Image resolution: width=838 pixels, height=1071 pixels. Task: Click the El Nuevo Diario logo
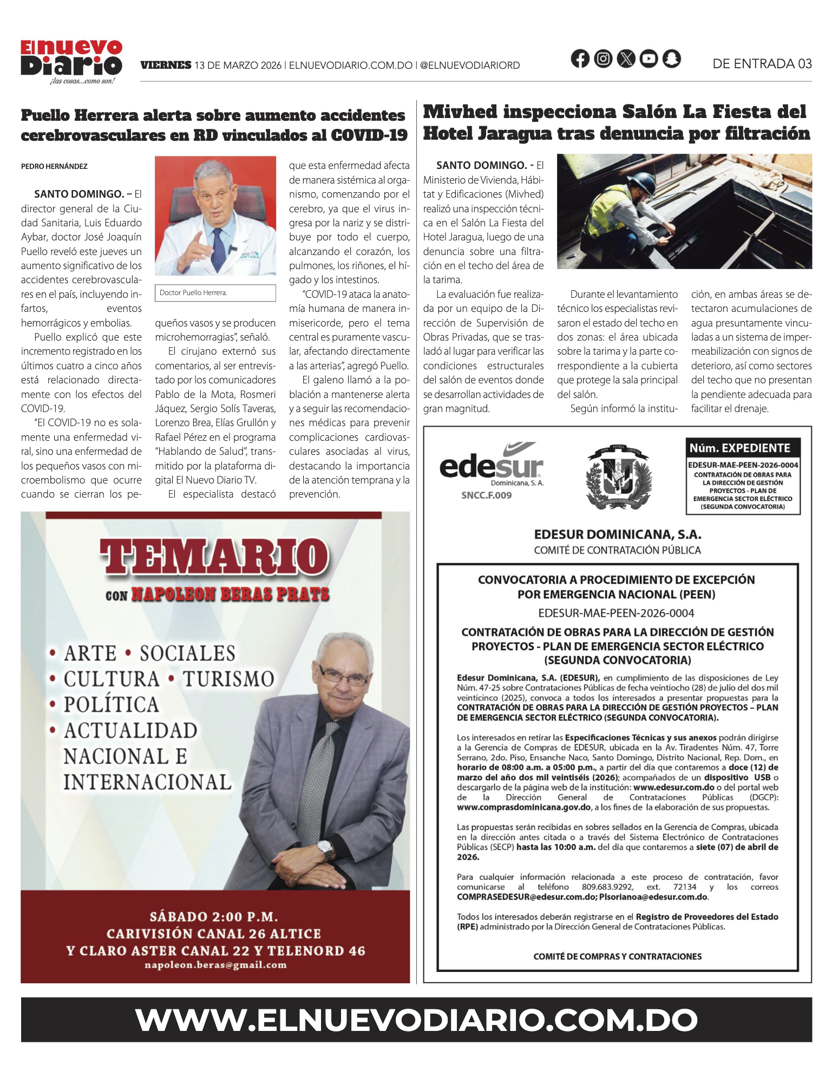pos(71,61)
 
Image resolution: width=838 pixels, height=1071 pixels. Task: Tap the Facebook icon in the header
pos(580,58)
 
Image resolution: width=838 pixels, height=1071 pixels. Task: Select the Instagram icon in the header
pos(603,58)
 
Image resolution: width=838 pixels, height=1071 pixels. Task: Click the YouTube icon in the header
pos(649,58)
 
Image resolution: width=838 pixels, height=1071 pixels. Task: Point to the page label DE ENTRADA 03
pos(762,64)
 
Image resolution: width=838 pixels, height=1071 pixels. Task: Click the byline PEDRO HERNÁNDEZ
pos(54,166)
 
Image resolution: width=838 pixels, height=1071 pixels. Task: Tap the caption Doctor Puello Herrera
pos(193,293)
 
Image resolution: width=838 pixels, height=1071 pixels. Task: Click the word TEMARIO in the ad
pos(214,556)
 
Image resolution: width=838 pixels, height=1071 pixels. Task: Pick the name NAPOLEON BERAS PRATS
pos(231,595)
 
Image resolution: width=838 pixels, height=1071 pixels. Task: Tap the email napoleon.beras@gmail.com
pos(215,965)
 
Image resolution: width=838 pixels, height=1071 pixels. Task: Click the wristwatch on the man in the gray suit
pos(326,850)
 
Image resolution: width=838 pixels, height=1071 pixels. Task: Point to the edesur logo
pos(491,465)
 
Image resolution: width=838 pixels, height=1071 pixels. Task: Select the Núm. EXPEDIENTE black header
pos(742,448)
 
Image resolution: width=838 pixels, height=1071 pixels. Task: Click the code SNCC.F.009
pos(486,495)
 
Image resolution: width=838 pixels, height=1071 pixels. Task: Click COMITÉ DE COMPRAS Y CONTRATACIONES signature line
pos(617,956)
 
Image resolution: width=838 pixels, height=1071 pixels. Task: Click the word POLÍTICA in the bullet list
pos(112,704)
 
